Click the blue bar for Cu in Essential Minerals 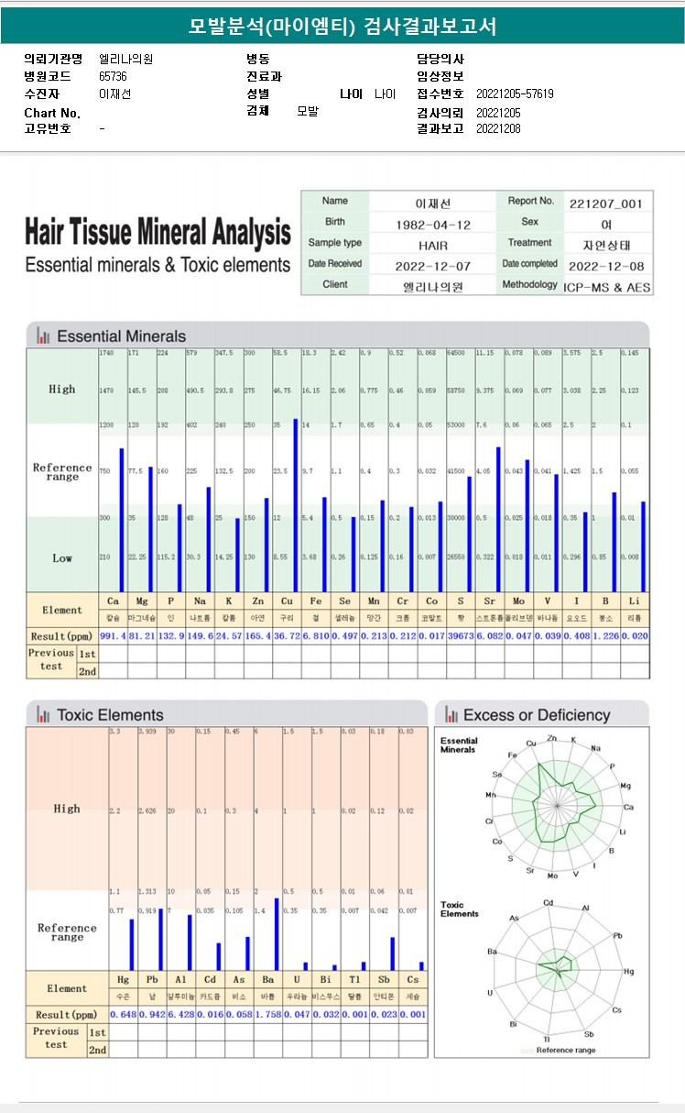295,504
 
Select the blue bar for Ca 122,519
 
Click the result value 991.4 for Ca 114,635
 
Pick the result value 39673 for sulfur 461,635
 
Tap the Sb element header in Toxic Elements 384,980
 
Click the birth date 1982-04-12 433,225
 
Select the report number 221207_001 605,204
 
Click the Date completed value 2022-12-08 605,266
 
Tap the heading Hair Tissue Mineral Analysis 158,232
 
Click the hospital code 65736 114,77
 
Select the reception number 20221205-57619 515,94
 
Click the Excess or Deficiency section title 536,715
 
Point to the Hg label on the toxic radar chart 628,971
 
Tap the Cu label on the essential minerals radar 531,744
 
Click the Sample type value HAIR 433,246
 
